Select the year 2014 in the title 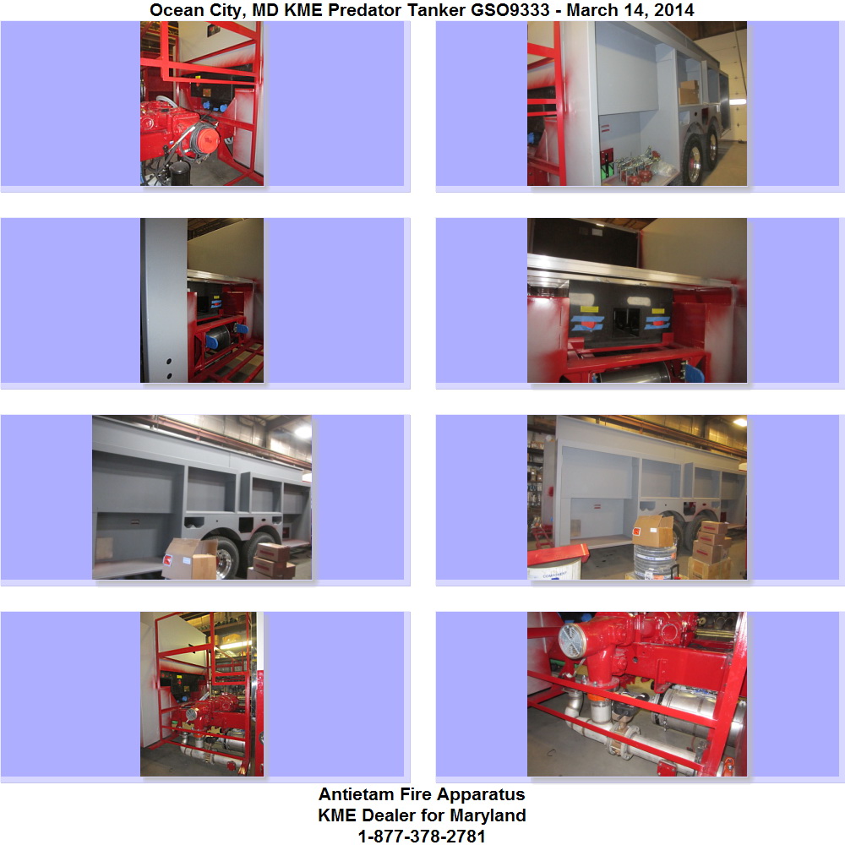coord(673,9)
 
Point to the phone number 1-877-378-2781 coord(422,836)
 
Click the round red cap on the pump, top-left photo coord(205,139)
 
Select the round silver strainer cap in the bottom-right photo coord(573,641)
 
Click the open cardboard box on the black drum coord(652,531)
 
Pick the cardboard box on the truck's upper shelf coord(689,92)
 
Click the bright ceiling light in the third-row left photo coord(303,432)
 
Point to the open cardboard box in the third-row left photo coord(189,559)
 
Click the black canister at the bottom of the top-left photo coord(179,173)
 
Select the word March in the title coord(589,9)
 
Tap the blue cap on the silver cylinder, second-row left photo coord(212,340)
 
